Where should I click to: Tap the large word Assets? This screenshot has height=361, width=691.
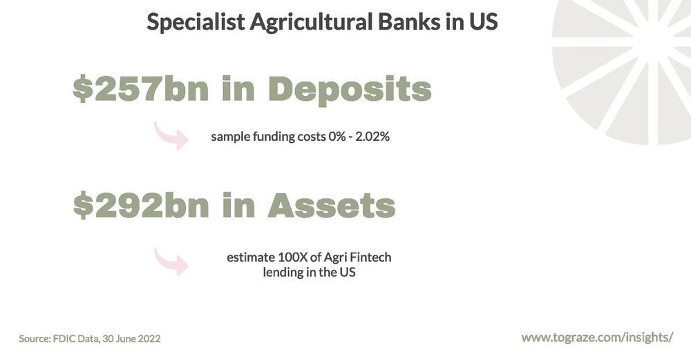(x=331, y=206)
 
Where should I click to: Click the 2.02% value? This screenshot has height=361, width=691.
(x=373, y=137)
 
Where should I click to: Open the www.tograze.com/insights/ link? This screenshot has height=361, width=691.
(x=597, y=338)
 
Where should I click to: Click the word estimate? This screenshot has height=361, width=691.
(x=249, y=257)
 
